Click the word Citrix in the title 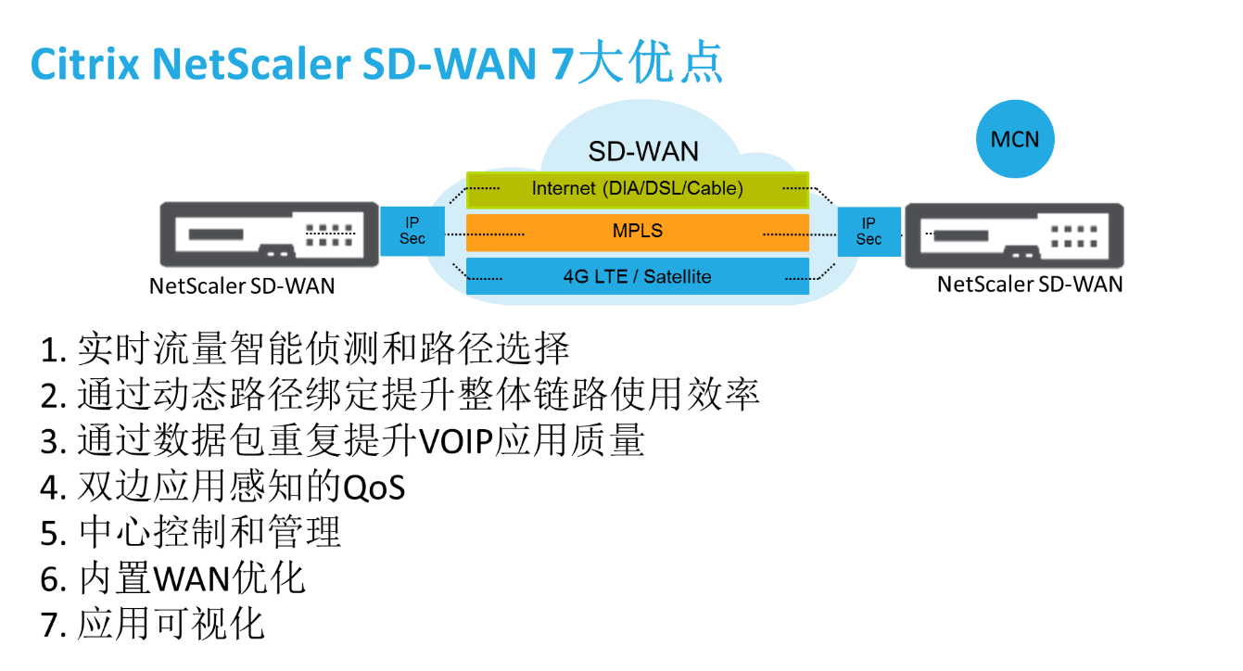[84, 65]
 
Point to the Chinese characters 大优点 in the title [649, 65]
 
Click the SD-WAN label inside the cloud [643, 152]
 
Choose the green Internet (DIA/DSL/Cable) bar [638, 189]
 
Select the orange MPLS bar [638, 232]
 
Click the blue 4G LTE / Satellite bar [638, 276]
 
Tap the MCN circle [1015, 140]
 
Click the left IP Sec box [412, 231]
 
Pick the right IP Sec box [869, 232]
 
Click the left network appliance [269, 234]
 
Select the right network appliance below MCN [1014, 235]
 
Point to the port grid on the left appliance [329, 234]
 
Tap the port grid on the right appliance [1074, 235]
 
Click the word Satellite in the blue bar [678, 276]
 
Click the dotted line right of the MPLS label [785, 234]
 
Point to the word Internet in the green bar [564, 189]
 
